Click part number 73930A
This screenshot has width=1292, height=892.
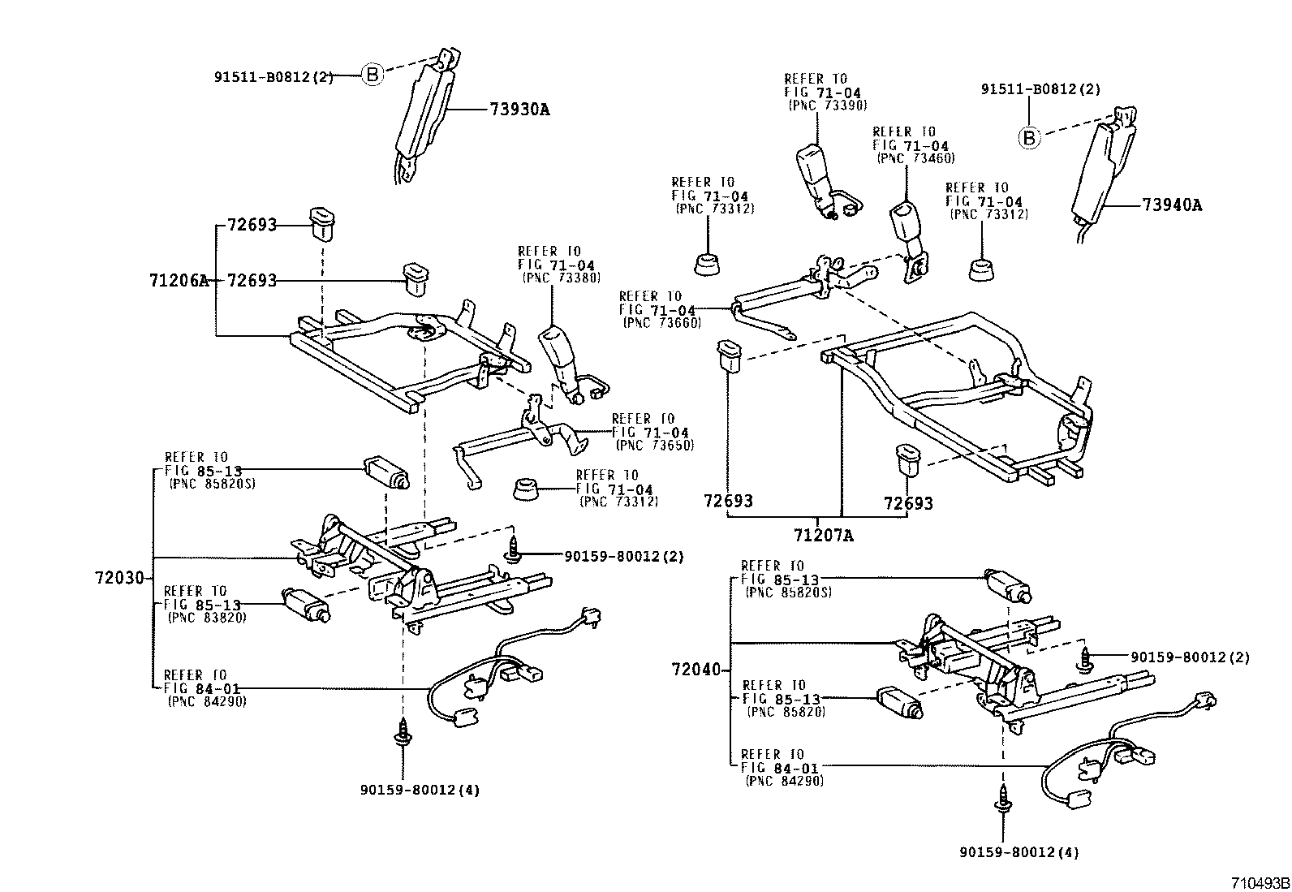coord(519,110)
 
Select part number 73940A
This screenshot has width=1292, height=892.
coord(1172,205)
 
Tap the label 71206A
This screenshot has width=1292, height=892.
coord(179,281)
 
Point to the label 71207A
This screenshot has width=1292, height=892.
coord(824,535)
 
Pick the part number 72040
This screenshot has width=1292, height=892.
coord(696,670)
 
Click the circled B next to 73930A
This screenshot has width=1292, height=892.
coord(372,75)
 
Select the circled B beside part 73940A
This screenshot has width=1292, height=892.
coord(1029,138)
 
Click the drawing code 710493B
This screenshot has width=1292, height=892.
coord(1259,882)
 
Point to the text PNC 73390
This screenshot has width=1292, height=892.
coord(828,106)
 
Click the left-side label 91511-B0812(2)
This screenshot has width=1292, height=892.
coord(273,78)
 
